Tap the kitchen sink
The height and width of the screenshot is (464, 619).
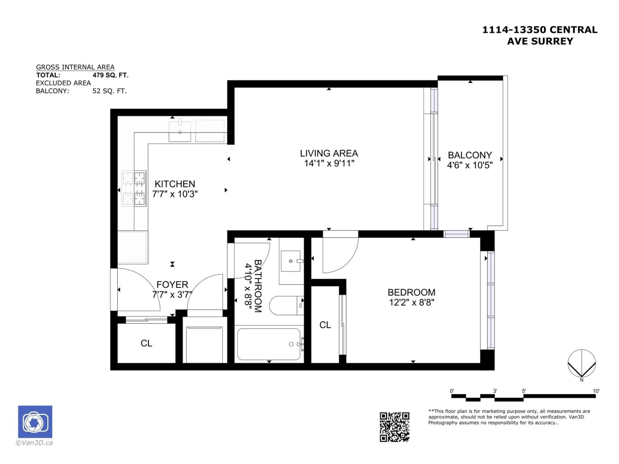180,130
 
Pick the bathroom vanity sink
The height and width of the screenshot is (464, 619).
291,261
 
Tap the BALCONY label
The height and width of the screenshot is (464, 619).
470,155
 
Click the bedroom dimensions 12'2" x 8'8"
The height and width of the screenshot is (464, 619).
411,302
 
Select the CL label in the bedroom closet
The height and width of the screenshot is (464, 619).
325,325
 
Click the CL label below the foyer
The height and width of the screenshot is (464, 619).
146,343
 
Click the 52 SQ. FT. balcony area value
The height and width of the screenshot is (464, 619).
109,91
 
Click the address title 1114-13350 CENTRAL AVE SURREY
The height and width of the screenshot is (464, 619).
540,35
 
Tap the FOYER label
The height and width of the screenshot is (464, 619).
172,284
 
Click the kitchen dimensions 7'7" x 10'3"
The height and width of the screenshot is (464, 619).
175,194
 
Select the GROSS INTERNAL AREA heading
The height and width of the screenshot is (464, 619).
75,67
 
